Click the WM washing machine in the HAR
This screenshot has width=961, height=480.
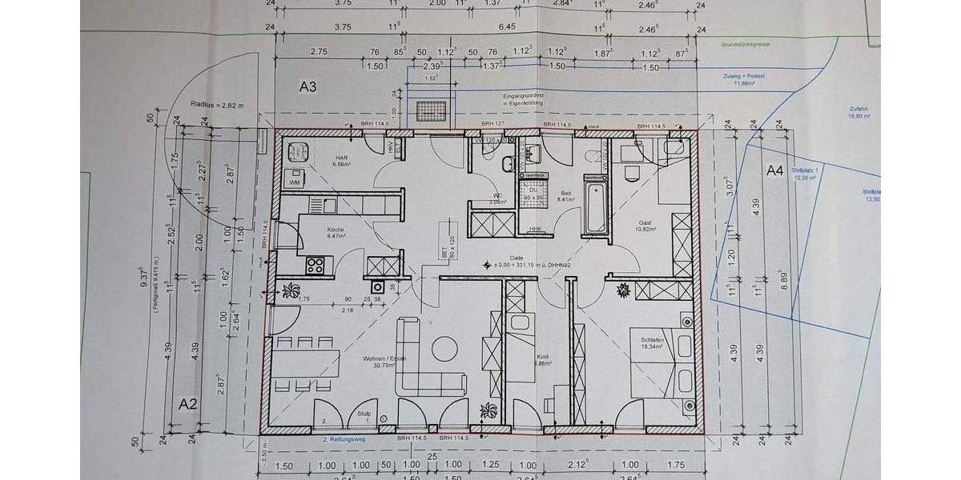tap(296, 182)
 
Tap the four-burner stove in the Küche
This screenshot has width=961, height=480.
tap(315, 266)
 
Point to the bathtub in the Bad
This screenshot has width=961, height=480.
tap(596, 209)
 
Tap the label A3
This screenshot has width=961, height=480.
tap(310, 86)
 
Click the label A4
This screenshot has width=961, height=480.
tap(774, 170)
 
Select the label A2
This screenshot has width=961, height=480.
tap(187, 402)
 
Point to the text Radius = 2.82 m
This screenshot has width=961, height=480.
tap(215, 104)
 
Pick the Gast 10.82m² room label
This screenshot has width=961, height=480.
tap(646, 226)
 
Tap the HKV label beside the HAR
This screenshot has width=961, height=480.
tap(391, 147)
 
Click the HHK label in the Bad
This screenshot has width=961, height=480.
tap(534, 230)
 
